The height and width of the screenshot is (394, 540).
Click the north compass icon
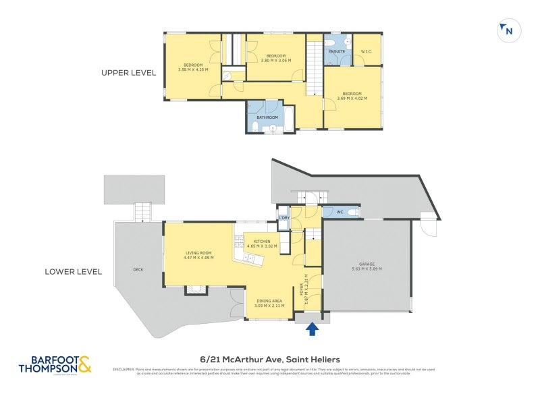coord(507,30)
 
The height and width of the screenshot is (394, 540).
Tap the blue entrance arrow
coord(312,329)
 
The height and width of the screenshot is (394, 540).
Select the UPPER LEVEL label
coord(128,73)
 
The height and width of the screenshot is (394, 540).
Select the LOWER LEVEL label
coord(73,272)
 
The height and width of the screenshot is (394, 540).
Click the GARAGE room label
coord(367,264)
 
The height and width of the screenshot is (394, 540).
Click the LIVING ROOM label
coord(199,253)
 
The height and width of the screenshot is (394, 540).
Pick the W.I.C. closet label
coord(367,51)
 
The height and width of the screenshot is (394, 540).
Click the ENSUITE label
coord(337,51)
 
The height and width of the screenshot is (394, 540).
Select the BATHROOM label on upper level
coord(267,117)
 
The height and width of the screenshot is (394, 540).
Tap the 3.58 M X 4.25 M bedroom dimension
coord(193,69)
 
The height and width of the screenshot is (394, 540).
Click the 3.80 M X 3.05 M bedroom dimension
coord(275,60)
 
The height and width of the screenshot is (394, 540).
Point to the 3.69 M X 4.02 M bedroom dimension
coord(351,98)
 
